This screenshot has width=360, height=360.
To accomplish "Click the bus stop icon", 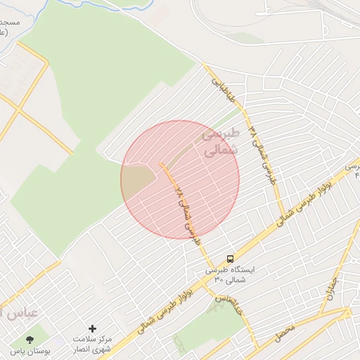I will [231, 259].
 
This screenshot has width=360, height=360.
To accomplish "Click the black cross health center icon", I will [92, 328].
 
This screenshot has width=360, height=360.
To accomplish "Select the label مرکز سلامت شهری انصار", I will [92, 344].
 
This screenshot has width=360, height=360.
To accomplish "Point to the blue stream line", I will [105, 6].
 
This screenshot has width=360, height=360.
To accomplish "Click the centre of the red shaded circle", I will [180, 179].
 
